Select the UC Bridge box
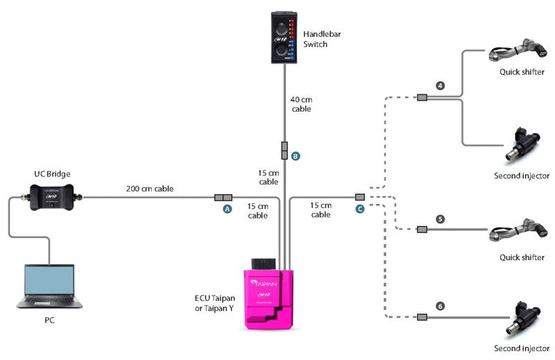click(x=55, y=195)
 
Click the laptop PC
click(x=49, y=285)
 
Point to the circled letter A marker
click(x=226, y=209)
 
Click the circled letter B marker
click(x=296, y=156)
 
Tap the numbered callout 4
click(x=440, y=85)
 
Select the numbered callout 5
click(x=440, y=219)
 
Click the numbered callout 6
click(x=440, y=306)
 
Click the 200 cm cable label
click(x=150, y=188)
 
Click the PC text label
click(x=49, y=321)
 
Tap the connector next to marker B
click(x=284, y=150)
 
